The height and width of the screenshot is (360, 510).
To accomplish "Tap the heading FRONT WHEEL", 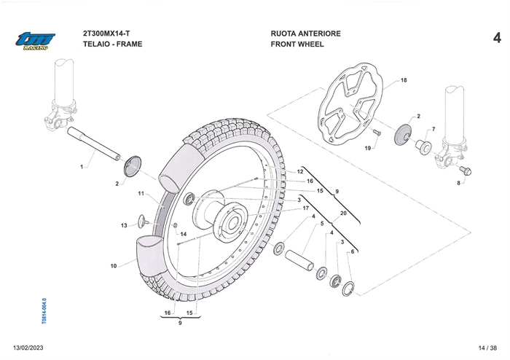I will [x=297, y=44].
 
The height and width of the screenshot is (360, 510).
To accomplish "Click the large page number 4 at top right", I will [x=495, y=38].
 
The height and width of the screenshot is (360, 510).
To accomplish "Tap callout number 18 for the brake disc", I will [x=404, y=79].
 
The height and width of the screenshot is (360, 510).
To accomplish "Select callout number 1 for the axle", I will [x=82, y=167].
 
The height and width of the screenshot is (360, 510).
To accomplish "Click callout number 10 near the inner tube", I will [x=114, y=266].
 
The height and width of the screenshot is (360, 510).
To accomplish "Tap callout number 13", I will [x=124, y=225].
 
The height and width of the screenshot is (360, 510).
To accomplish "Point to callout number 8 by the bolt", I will [x=459, y=184].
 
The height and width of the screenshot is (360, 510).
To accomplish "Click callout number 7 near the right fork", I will [x=433, y=129].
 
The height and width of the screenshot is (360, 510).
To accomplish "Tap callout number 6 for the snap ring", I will [x=352, y=251].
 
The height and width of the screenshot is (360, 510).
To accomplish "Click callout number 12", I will [x=299, y=171].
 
